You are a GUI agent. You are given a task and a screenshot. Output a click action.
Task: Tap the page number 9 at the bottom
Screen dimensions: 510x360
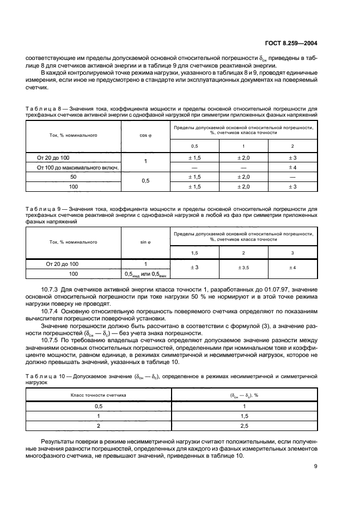[x=316, y=466]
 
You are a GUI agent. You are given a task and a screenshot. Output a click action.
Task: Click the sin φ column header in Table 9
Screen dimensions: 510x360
[x=145, y=241]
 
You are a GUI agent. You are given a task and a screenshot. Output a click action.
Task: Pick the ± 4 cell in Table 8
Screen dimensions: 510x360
[x=293, y=167]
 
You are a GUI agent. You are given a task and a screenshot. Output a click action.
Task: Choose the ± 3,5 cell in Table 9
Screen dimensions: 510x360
[x=243, y=268]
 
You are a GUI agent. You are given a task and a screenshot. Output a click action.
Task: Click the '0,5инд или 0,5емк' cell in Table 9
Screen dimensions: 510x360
[x=145, y=274]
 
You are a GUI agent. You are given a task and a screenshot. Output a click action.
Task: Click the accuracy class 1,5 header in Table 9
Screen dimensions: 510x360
[x=194, y=253]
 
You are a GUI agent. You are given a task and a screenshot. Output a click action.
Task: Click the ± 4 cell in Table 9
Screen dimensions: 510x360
[x=293, y=268]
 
